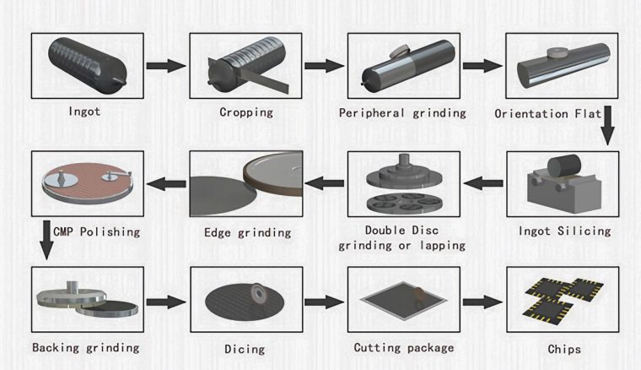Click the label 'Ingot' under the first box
[x=84, y=112]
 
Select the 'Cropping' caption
[x=246, y=112]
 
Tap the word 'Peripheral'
[x=371, y=113]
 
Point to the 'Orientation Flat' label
[x=547, y=113]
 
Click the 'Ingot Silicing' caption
[x=564, y=231]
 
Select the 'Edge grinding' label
[x=247, y=233]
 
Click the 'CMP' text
[x=63, y=232]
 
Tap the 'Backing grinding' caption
[x=86, y=348]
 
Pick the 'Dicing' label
[x=245, y=349]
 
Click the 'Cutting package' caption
[x=404, y=348]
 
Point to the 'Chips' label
[x=564, y=349]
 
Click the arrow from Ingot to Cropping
[x=166, y=66]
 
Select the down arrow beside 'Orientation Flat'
[x=607, y=125]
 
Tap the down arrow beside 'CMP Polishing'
[x=46, y=240]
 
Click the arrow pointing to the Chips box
[x=482, y=302]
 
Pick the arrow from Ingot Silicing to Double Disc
[x=482, y=183]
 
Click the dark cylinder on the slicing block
[x=564, y=166]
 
